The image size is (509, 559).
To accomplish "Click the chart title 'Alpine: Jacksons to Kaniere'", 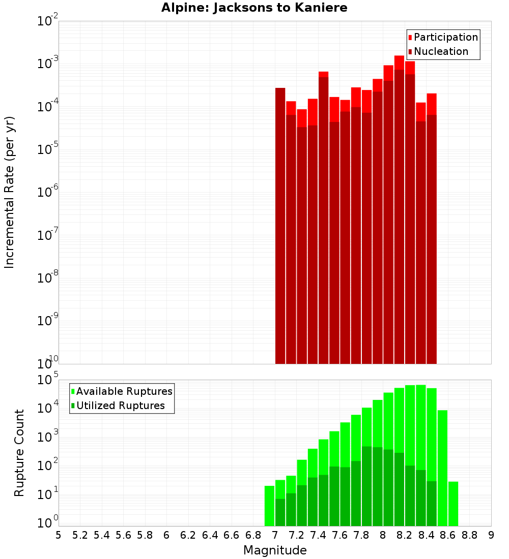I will (x=254, y=8).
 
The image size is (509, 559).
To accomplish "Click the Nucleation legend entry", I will (x=441, y=51).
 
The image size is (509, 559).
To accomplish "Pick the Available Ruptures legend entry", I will (x=124, y=391).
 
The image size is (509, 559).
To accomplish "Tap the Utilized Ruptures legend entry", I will (x=120, y=406).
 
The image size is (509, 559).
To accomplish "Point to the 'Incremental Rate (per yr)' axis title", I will (x=10, y=192).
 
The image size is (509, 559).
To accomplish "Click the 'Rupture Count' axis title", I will (x=19, y=453).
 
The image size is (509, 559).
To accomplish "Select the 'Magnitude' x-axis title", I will (x=275, y=550).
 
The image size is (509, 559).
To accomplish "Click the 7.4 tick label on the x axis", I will (x=318, y=535).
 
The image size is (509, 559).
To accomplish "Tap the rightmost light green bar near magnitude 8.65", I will (x=453, y=503).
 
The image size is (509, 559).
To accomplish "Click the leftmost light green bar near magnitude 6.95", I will (x=269, y=506).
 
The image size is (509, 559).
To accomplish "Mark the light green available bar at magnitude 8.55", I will (x=442, y=468).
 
